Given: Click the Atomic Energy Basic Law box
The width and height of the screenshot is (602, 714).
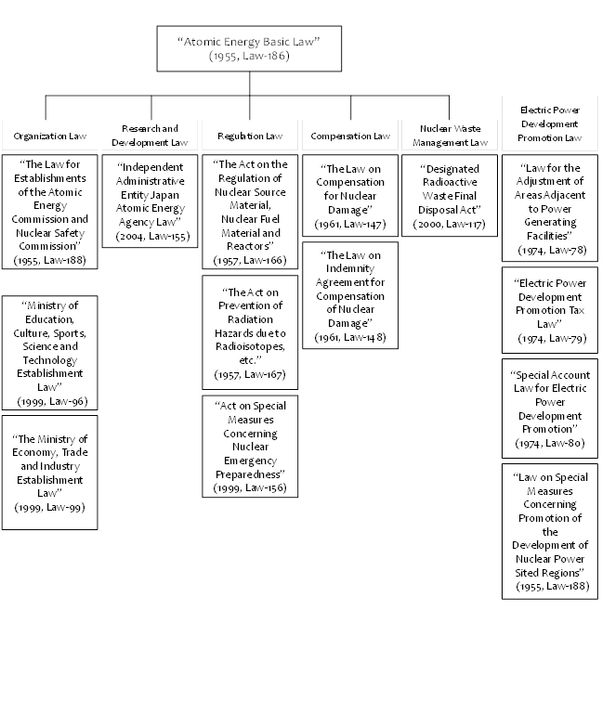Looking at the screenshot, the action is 249,48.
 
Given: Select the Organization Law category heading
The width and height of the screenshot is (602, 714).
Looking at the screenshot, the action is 49,136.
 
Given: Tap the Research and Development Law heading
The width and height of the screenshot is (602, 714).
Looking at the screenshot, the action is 150,136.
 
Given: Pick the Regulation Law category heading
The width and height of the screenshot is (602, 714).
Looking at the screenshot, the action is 250,136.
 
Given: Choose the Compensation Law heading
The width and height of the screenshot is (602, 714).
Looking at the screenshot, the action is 350,136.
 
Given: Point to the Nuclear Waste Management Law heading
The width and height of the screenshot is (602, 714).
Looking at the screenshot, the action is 450,136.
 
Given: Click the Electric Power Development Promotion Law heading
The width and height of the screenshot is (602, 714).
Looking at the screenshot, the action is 550,123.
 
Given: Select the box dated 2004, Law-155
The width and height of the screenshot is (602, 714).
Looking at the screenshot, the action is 150,201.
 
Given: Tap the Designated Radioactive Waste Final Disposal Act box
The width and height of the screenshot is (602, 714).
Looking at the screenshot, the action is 450,195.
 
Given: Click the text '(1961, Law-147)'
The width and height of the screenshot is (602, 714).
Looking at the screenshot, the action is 350,224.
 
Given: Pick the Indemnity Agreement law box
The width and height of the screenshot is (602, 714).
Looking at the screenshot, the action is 350,295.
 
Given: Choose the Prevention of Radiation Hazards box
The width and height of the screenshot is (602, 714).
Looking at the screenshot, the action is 250,332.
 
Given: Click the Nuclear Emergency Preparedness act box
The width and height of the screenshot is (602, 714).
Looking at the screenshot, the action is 250,447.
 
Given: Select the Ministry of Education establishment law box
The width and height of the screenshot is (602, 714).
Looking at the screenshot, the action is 49,353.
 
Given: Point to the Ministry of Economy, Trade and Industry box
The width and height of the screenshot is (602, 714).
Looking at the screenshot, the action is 49,473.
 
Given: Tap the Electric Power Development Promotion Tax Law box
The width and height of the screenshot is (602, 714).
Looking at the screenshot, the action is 550,310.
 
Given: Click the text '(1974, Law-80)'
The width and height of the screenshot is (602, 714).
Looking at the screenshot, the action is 550,443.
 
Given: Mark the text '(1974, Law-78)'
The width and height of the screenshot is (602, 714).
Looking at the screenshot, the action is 552,250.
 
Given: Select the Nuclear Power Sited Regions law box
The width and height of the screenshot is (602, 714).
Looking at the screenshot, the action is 550,531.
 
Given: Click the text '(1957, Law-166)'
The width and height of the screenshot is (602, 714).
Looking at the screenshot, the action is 250,261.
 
